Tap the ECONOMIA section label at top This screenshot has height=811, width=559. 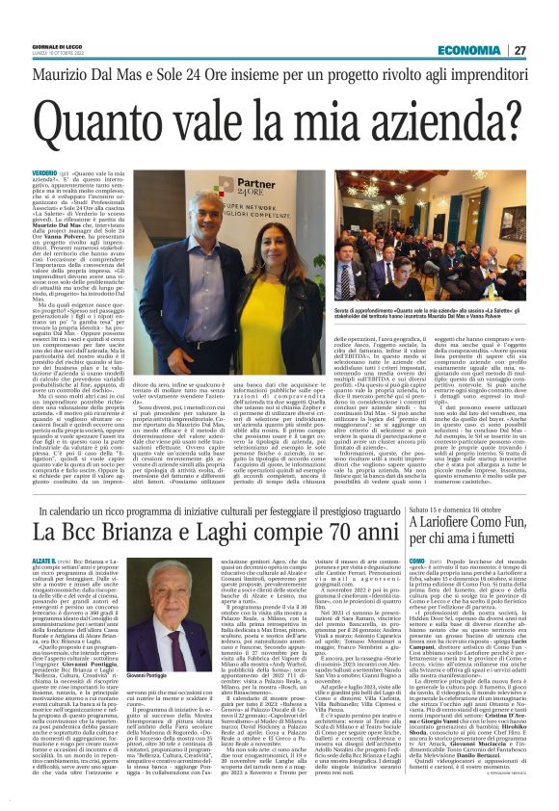(494, 22)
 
